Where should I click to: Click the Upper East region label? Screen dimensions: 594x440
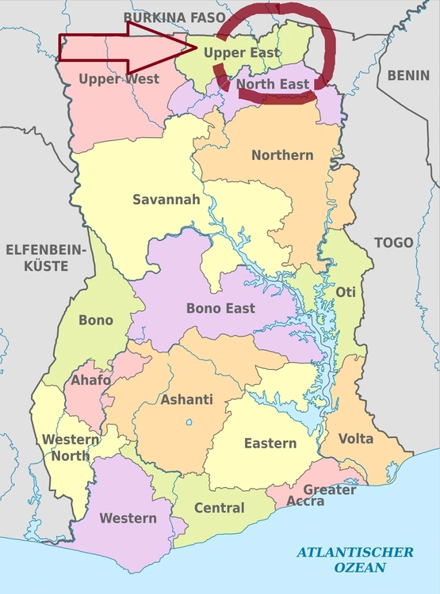coord(242,53)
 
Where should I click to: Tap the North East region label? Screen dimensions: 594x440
coord(273,84)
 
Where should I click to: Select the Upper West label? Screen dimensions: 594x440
coord(119,78)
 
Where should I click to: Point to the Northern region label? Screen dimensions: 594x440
coord(282,154)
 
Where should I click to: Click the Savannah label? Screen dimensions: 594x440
coord(166,200)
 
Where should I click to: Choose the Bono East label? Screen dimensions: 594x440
coord(220,307)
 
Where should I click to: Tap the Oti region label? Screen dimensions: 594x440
coord(346,291)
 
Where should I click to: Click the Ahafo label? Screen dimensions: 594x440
coord(91,381)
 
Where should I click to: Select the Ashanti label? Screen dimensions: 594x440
coord(187,399)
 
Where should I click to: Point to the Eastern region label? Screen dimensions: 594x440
coord(270,443)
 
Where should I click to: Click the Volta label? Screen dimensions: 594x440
coord(356,438)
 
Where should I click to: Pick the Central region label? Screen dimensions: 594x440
coord(219,508)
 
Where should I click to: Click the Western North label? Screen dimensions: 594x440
coord(71,447)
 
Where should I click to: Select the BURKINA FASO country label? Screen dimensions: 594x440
coord(175,16)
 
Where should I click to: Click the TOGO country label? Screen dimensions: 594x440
coord(393,242)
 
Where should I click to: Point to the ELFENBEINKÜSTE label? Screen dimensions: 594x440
coord(45,258)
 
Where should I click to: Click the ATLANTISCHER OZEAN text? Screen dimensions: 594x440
coord(355,559)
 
